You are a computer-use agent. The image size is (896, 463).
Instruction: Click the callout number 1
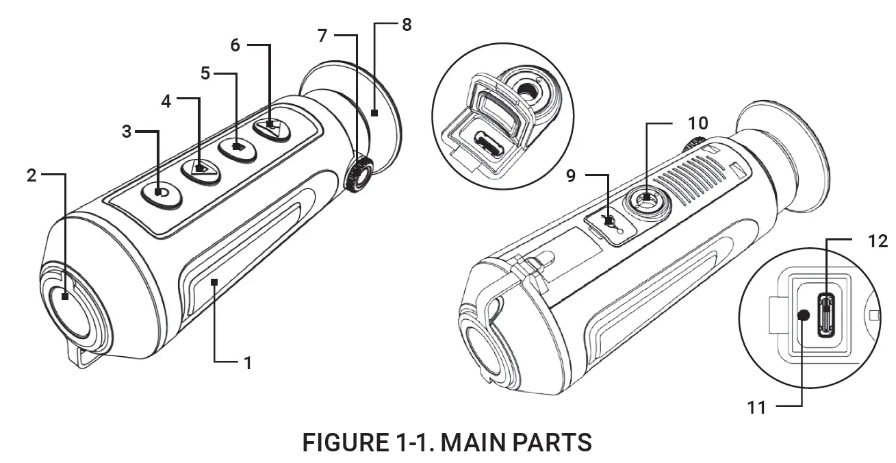pyautogui.click(x=248, y=362)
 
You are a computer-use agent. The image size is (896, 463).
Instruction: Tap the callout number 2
pyautogui.click(x=31, y=175)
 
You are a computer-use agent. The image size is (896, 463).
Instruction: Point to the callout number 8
pyautogui.click(x=407, y=25)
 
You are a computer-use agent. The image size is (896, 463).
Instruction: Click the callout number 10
pyautogui.click(x=698, y=123)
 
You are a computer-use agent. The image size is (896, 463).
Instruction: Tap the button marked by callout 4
pyautogui.click(x=199, y=168)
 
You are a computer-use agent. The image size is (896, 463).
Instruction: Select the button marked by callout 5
pyautogui.click(x=237, y=147)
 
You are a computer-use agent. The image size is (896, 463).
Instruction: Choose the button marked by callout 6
pyautogui.click(x=272, y=127)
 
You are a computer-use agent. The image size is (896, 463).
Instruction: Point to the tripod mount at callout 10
pyautogui.click(x=645, y=199)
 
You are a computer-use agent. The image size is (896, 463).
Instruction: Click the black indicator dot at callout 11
pyautogui.click(x=804, y=314)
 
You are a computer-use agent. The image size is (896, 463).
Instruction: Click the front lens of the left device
pyautogui.click(x=68, y=312)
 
